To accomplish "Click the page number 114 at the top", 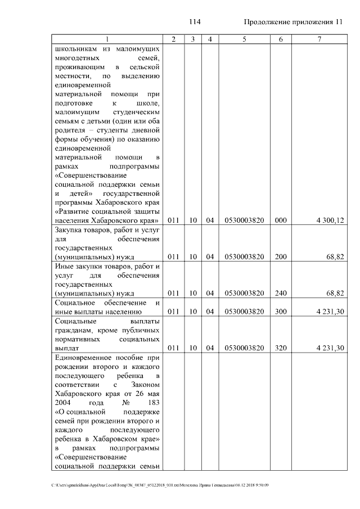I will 195,22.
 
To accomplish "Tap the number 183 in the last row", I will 152,403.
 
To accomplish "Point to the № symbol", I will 118,403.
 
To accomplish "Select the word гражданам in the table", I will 75,330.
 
